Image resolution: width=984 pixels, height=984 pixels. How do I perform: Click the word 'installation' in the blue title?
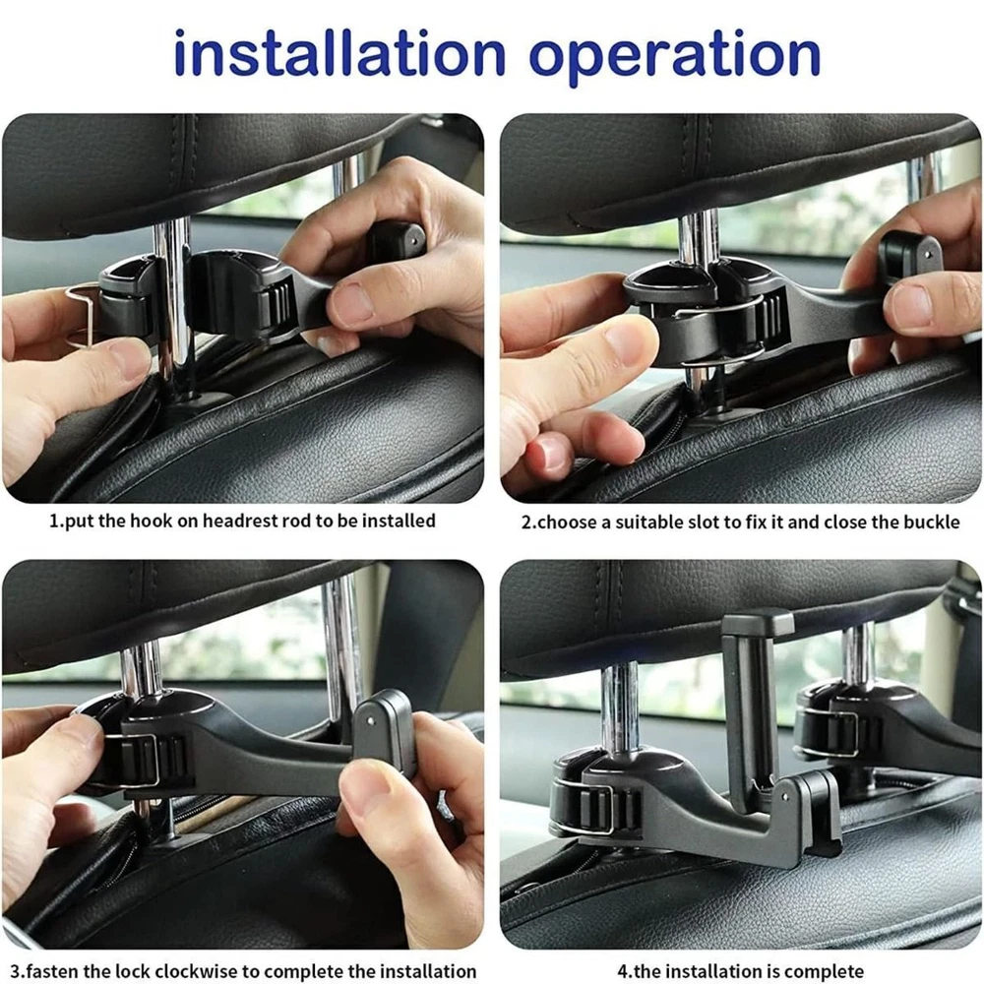(x=338, y=53)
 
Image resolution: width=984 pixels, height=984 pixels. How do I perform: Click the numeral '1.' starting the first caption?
(x=56, y=522)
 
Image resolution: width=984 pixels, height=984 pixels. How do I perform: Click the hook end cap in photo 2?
(x=910, y=253)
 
